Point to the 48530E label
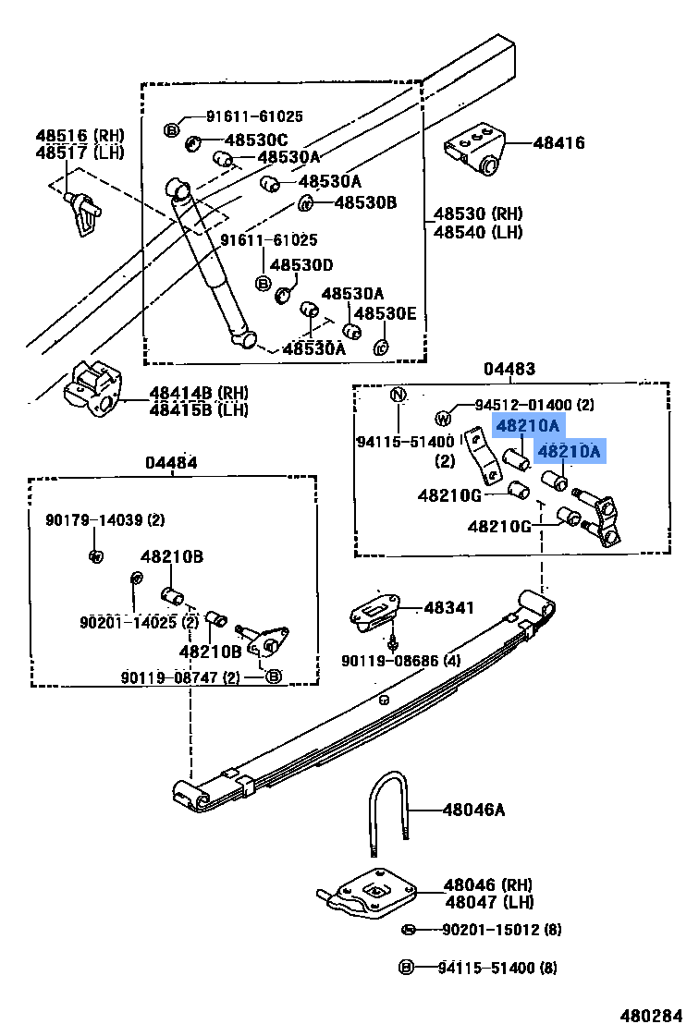(x=385, y=313)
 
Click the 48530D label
(x=301, y=265)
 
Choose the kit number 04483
(x=509, y=369)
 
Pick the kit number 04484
(x=170, y=462)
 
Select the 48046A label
(x=473, y=811)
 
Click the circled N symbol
(x=398, y=396)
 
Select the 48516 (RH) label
(x=80, y=135)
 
